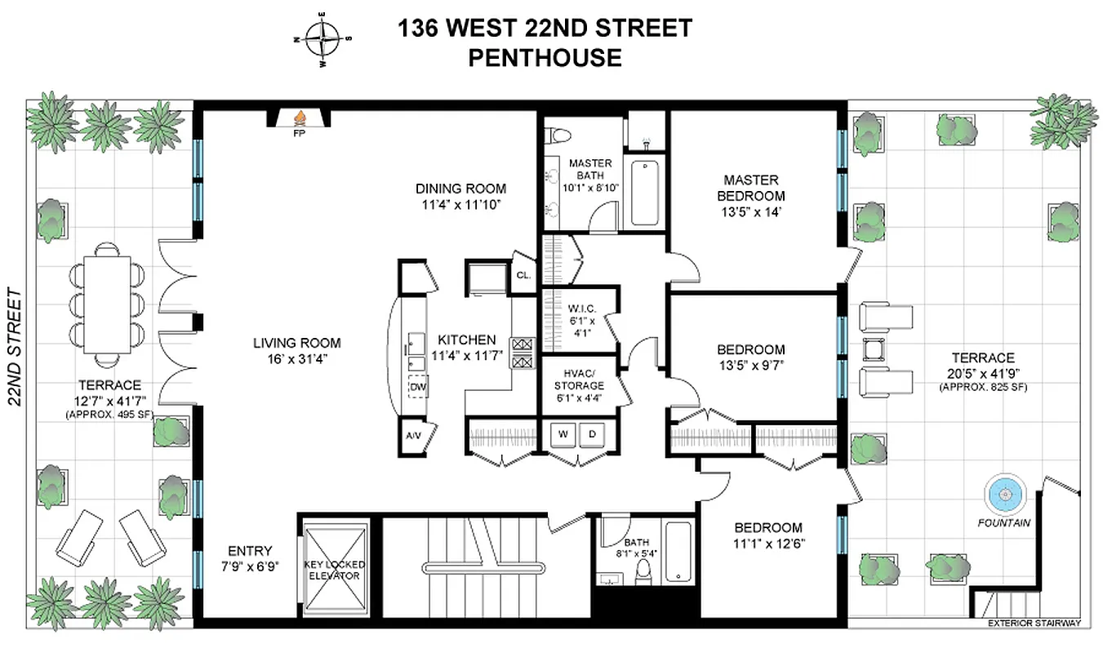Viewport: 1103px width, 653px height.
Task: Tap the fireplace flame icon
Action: (299, 118)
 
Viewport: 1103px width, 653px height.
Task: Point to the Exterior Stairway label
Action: (1034, 624)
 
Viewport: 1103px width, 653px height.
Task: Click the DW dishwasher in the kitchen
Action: (418, 387)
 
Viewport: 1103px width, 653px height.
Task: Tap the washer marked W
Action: (563, 435)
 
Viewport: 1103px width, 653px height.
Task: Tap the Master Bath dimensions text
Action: (590, 187)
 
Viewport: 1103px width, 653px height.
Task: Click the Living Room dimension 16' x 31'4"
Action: (296, 359)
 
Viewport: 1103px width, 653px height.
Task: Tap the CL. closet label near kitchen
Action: (523, 276)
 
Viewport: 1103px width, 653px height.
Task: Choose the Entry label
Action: (250, 551)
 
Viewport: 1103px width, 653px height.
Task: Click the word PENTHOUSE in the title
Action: (545, 58)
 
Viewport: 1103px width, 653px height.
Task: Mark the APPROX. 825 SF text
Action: (982, 386)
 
